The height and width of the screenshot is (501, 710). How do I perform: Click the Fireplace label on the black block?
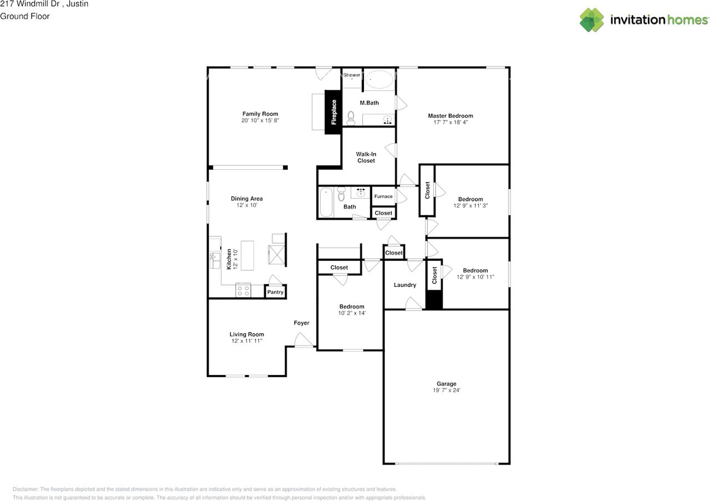coord(334,112)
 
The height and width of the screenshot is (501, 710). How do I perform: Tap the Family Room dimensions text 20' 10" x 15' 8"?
coord(260,120)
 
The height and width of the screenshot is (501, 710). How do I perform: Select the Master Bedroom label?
coord(450,116)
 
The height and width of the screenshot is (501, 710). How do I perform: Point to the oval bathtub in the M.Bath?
coord(379,79)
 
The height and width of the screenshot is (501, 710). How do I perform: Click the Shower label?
coord(352,75)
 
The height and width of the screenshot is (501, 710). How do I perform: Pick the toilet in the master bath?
coord(351,118)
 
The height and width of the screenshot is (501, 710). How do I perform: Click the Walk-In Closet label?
coord(366,157)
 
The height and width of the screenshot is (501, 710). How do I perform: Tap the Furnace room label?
coord(383,196)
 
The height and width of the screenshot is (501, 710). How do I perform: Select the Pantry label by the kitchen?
coord(275,292)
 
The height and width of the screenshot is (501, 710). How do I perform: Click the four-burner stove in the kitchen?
coord(243,291)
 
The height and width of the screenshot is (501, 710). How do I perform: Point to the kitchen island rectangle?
coord(247,256)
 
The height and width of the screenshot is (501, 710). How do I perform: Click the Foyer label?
coord(301,323)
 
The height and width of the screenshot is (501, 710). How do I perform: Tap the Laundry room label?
coord(405,285)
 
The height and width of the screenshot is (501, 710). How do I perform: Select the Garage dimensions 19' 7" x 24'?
coord(447,390)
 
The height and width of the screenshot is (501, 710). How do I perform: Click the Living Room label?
coord(247,334)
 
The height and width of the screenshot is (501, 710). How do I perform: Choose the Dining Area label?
coord(247,199)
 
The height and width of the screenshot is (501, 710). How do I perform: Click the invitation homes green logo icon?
coord(592,19)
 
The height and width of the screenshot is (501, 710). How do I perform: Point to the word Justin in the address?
coord(77,4)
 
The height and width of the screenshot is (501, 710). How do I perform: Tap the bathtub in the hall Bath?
coord(326,202)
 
